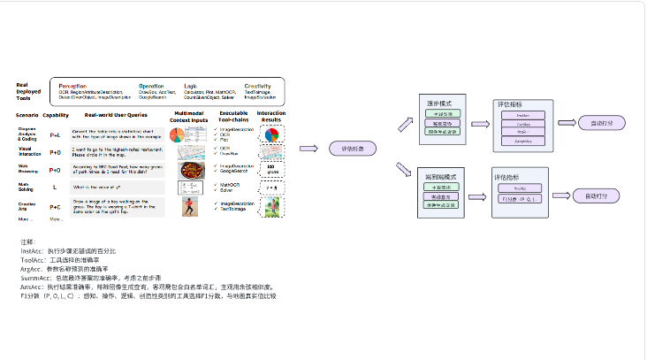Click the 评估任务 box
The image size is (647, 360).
(351, 148)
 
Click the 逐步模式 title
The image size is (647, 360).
(434, 103)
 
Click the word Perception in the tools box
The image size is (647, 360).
(73, 86)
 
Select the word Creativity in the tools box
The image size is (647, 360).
(257, 86)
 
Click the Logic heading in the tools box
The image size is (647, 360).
(191, 86)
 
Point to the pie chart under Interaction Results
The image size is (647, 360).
(271, 135)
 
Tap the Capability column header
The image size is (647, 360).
(56, 115)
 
